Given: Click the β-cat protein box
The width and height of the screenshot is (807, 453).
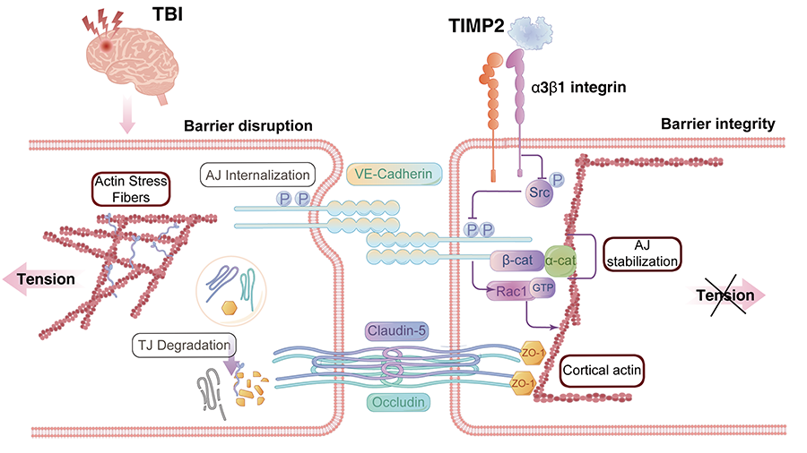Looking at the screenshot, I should [516, 261].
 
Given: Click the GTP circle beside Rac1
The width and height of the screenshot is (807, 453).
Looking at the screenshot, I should [542, 289].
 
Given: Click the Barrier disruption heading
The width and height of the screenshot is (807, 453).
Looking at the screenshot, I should [247, 126].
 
